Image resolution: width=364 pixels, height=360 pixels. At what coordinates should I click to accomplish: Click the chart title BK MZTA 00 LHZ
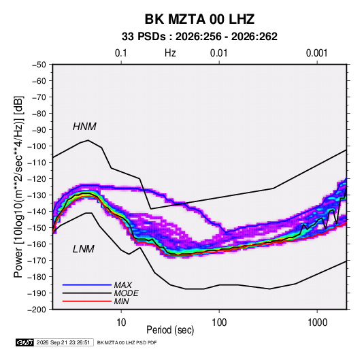tap(199, 19)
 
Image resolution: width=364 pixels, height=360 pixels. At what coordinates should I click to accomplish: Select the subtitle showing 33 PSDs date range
tap(199, 37)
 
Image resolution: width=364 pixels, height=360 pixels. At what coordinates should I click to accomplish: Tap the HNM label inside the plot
tap(84, 127)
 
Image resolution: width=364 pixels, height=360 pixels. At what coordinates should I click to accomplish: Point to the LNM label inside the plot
tap(84, 249)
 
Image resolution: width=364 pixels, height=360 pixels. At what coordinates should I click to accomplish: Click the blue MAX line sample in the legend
tap(87, 284)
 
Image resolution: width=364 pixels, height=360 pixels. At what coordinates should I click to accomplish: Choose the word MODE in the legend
tap(126, 293)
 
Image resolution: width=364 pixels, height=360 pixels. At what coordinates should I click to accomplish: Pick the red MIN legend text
tap(121, 301)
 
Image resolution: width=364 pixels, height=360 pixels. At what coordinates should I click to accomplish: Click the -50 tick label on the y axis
tap(39, 65)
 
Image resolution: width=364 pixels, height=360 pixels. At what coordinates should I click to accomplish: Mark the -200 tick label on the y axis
tap(37, 310)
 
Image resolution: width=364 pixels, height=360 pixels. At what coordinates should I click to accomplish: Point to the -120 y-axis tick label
tap(37, 179)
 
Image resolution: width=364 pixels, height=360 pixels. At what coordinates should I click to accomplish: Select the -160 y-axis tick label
tap(37, 244)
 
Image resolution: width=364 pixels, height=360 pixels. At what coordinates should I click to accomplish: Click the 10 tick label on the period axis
tap(121, 322)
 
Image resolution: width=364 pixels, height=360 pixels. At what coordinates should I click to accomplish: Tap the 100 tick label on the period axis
tap(219, 322)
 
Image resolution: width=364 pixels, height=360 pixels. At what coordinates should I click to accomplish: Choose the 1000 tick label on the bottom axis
tap(317, 322)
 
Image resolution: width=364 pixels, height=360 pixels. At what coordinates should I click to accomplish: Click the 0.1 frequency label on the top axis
tap(121, 53)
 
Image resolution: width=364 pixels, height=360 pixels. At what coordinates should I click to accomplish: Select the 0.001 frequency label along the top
tap(316, 53)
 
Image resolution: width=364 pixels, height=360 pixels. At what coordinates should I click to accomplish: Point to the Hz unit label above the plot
tap(170, 53)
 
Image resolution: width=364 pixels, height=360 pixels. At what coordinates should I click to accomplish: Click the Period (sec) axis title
tap(170, 330)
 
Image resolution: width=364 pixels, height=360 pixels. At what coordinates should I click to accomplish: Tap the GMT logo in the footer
tap(24, 342)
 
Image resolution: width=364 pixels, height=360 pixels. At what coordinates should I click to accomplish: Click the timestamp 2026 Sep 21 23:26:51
tap(63, 342)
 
